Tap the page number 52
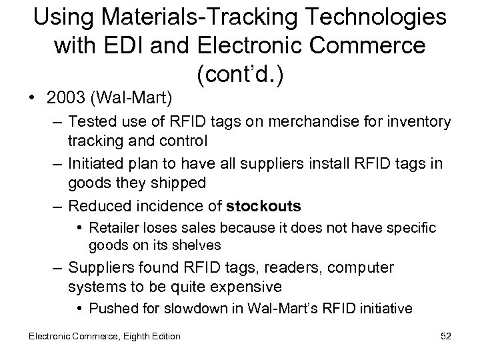(x=445, y=336)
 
